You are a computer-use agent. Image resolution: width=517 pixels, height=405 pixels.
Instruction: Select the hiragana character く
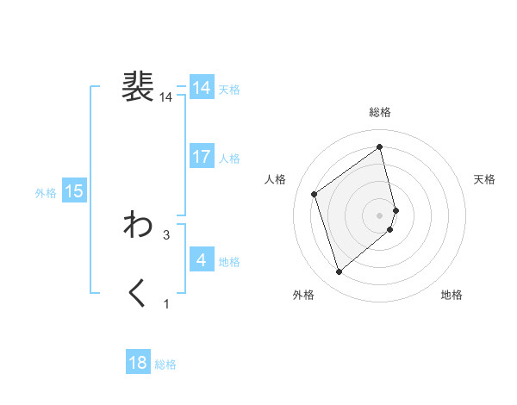(x=138, y=294)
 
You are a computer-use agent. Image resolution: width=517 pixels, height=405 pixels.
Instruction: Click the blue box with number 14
(x=202, y=88)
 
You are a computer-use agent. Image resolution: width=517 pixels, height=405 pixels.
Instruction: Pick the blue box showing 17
(x=202, y=157)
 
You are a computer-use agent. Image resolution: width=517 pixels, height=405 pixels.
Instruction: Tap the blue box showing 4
(x=202, y=259)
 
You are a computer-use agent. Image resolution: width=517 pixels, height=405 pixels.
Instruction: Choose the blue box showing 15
(x=74, y=191)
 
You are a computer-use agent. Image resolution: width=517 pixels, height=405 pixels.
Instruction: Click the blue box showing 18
(x=138, y=363)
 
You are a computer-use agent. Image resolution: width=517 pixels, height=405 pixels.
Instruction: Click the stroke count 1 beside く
(x=166, y=303)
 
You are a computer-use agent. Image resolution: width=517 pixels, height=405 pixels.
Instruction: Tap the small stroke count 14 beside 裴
(x=166, y=98)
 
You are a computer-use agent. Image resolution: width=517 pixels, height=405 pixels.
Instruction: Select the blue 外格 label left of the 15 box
(x=46, y=193)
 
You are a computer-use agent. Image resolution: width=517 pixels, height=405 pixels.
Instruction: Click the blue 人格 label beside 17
(x=230, y=159)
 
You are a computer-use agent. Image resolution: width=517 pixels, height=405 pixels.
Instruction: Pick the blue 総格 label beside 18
(x=166, y=364)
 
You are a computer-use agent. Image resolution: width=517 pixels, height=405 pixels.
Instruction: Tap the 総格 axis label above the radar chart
(x=380, y=112)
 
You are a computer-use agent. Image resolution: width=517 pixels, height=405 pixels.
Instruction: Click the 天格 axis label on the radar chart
(x=485, y=179)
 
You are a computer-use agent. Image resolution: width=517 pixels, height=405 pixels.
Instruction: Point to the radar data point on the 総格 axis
(x=380, y=147)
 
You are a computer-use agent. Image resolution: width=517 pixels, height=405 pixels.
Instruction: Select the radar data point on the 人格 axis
(x=315, y=194)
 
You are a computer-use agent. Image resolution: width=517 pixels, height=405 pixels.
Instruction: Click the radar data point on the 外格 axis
(x=339, y=272)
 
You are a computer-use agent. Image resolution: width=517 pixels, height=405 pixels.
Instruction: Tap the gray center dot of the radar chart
(x=380, y=215)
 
